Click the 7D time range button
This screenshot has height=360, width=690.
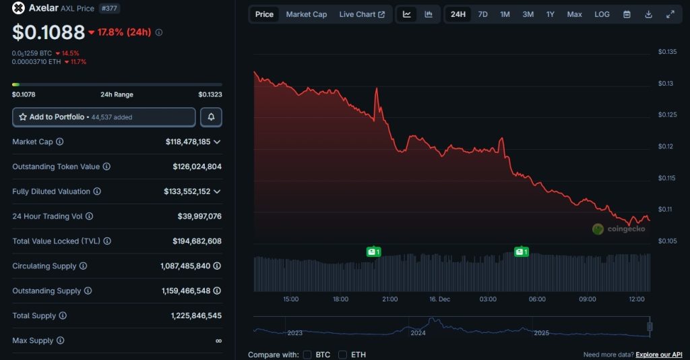point(482,14)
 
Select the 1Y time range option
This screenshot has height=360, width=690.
point(551,14)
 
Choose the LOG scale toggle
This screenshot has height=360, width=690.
point(602,14)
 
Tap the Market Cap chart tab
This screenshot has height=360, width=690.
point(306,14)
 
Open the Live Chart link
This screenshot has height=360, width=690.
point(362,14)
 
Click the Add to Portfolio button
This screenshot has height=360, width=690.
point(104,117)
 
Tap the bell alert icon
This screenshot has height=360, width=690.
point(211,117)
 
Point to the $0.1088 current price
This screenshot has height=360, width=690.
point(49,32)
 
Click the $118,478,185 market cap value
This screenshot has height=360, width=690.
point(188,142)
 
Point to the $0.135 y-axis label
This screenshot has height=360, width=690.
point(667,52)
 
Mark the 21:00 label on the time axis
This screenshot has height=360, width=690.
point(389,299)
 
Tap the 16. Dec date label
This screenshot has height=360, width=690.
point(439,299)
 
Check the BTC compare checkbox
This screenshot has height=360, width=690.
point(307,355)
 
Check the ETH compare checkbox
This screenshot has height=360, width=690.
point(342,355)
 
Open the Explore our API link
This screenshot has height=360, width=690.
point(659,355)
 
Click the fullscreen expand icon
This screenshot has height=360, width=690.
point(670,14)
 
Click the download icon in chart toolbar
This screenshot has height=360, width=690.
point(648,14)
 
